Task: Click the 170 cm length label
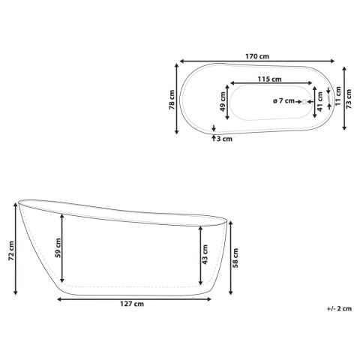coord(257,56)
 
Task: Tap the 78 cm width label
coord(172,100)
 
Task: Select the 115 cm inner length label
coord(269,79)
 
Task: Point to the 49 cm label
coord(222,101)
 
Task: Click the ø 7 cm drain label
coord(283,101)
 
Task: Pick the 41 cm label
coord(320,101)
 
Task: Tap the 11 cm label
coord(338,96)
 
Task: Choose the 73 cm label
coord(349,99)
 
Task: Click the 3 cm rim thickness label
coord(224,139)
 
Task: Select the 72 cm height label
coord(11,250)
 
